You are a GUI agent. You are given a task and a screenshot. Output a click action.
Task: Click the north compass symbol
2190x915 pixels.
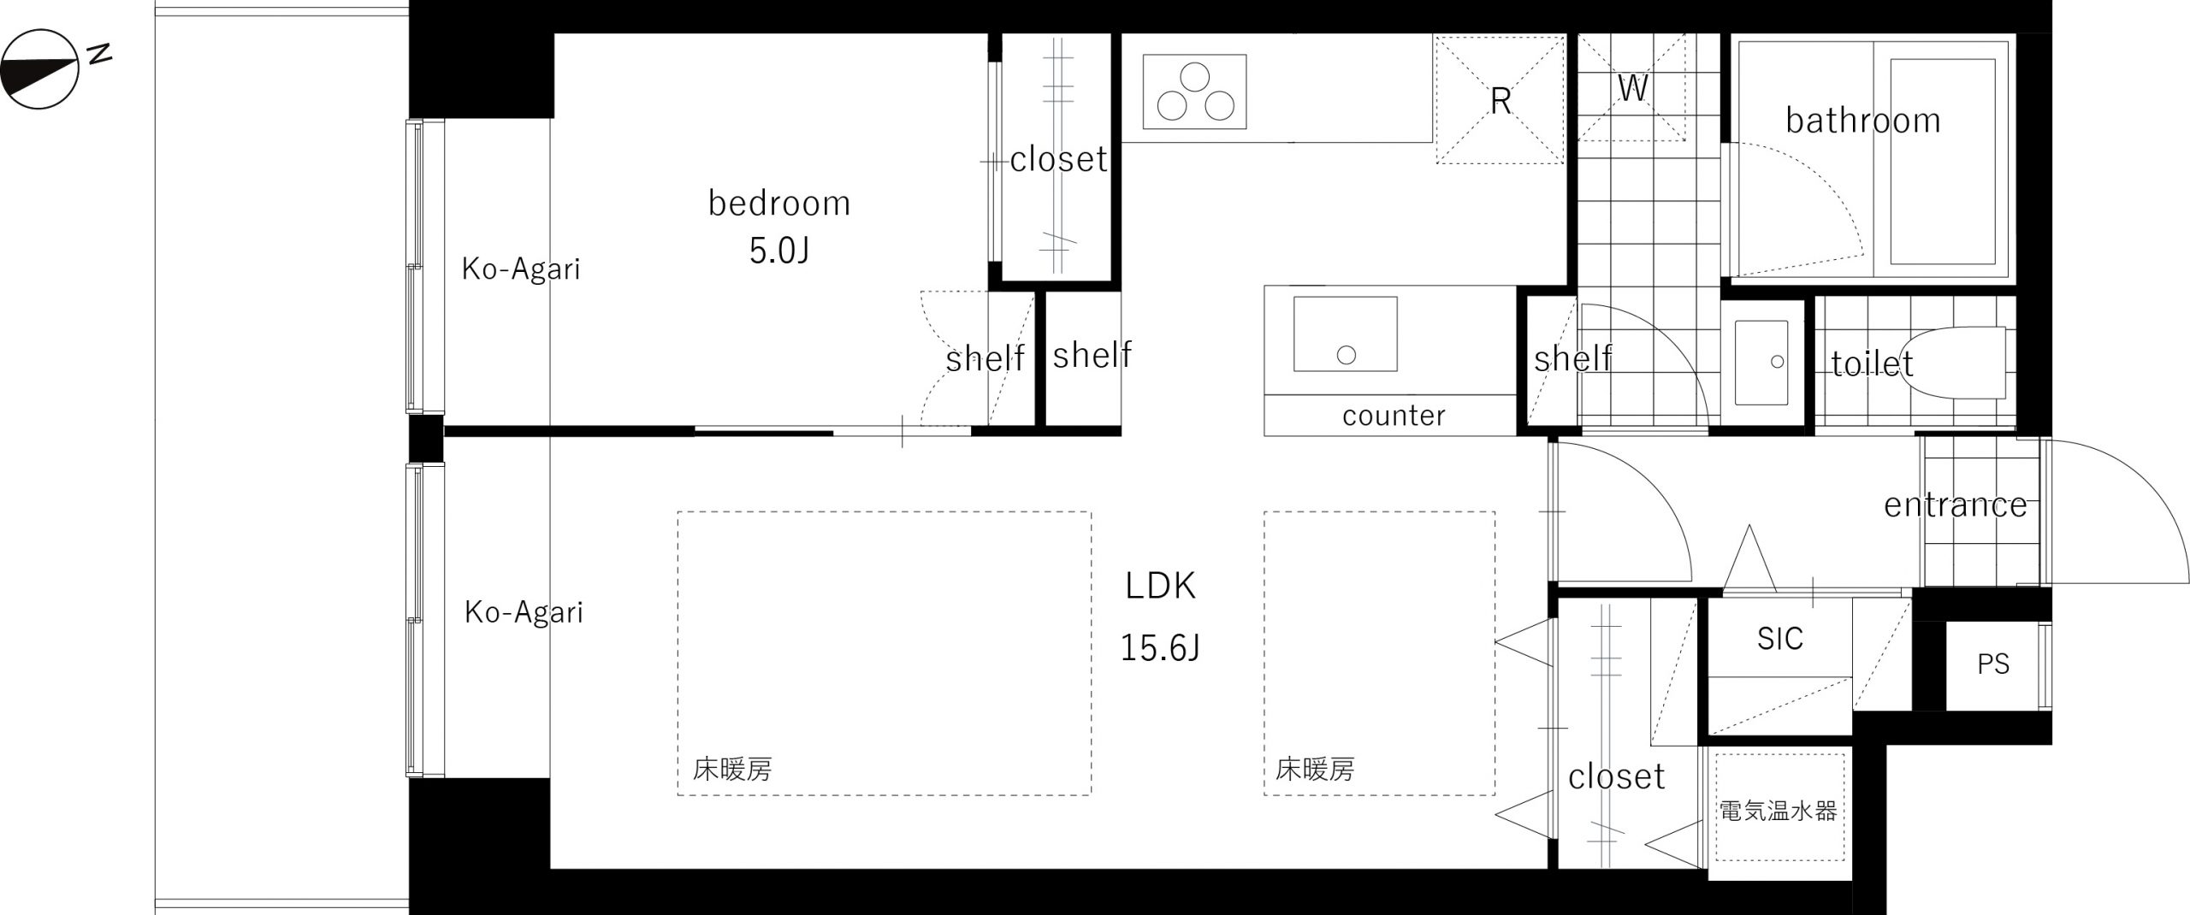[x=40, y=69]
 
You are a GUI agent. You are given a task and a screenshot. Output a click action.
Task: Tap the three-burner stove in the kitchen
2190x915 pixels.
[x=1194, y=91]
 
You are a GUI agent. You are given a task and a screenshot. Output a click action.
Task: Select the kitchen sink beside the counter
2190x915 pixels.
[x=1345, y=334]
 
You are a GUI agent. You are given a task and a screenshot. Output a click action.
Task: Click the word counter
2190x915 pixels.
[x=1394, y=416]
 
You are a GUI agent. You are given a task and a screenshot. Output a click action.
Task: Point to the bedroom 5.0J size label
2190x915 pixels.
[x=779, y=251]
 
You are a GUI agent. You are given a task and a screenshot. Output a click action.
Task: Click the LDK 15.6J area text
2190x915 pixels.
[x=1160, y=617]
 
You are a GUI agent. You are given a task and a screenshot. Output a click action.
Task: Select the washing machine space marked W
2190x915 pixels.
[x=1632, y=87]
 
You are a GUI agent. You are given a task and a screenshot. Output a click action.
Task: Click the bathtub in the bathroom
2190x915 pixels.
[x=1942, y=162]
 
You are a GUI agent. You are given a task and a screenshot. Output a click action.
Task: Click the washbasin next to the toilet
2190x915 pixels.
[x=1761, y=363]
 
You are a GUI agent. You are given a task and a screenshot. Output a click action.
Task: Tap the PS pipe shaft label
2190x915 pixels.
[x=1993, y=664]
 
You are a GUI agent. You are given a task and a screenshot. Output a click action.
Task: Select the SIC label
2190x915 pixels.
[x=1780, y=639]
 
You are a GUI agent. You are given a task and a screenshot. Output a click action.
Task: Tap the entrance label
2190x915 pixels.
[x=1956, y=505]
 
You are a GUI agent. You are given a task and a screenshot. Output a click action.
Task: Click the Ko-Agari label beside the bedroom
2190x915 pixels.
[x=521, y=269]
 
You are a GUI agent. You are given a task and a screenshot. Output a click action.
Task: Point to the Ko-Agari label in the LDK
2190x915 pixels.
[x=524, y=612]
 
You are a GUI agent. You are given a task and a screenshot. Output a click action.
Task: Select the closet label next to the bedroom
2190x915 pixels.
[x=1059, y=159]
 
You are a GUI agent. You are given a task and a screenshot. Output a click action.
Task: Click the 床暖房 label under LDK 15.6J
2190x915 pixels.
[x=1315, y=770]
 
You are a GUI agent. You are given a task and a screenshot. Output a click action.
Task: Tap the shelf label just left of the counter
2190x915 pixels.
[x=1092, y=355]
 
